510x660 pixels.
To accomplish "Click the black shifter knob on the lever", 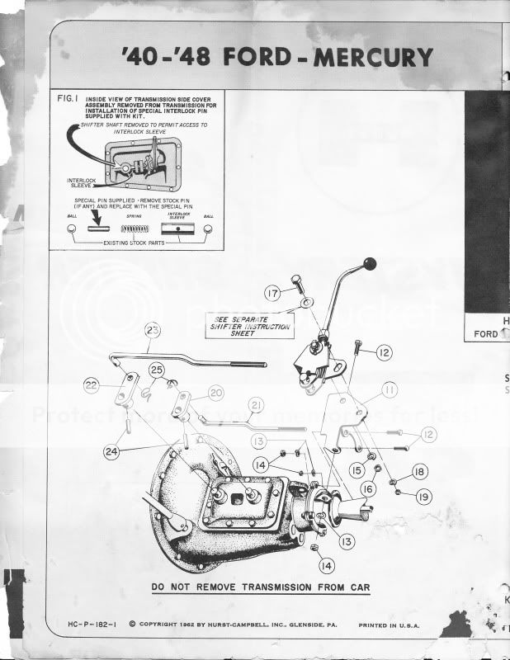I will [371, 264].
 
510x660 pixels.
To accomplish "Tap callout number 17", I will [274, 292].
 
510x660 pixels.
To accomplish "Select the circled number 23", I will [152, 330].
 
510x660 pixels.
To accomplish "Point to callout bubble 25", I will [157, 369].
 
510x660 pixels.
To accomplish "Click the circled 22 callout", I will [92, 385].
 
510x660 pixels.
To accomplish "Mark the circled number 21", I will [256, 405].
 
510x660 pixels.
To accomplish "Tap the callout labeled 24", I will [111, 451].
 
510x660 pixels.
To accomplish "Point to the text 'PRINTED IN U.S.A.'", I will [389, 625].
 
